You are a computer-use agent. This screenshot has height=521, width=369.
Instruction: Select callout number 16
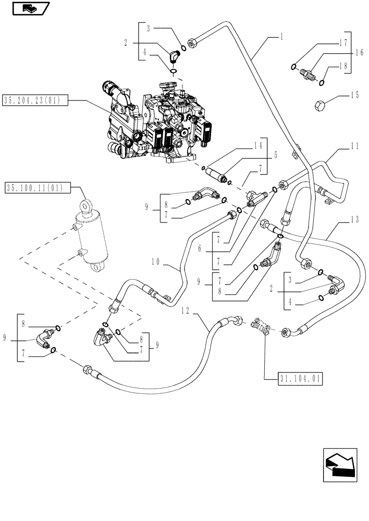[359, 53]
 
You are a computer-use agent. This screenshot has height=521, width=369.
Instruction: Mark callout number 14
[257, 147]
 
